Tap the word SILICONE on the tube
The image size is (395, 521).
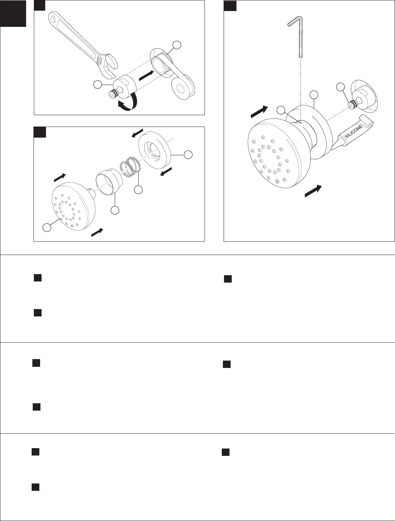(354, 131)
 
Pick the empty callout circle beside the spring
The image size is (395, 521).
(138, 189)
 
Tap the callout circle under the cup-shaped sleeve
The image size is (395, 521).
(115, 210)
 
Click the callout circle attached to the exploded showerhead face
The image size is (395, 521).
(47, 227)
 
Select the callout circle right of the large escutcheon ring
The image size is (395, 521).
(188, 155)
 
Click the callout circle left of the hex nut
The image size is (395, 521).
(97, 85)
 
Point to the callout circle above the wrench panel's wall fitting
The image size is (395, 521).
(177, 45)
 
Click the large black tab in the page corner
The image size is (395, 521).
(13, 14)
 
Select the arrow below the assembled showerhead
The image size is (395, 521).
(313, 191)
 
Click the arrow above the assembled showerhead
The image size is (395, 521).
(259, 112)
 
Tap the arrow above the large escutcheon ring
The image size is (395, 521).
(137, 133)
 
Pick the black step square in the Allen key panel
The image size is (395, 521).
(230, 6)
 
